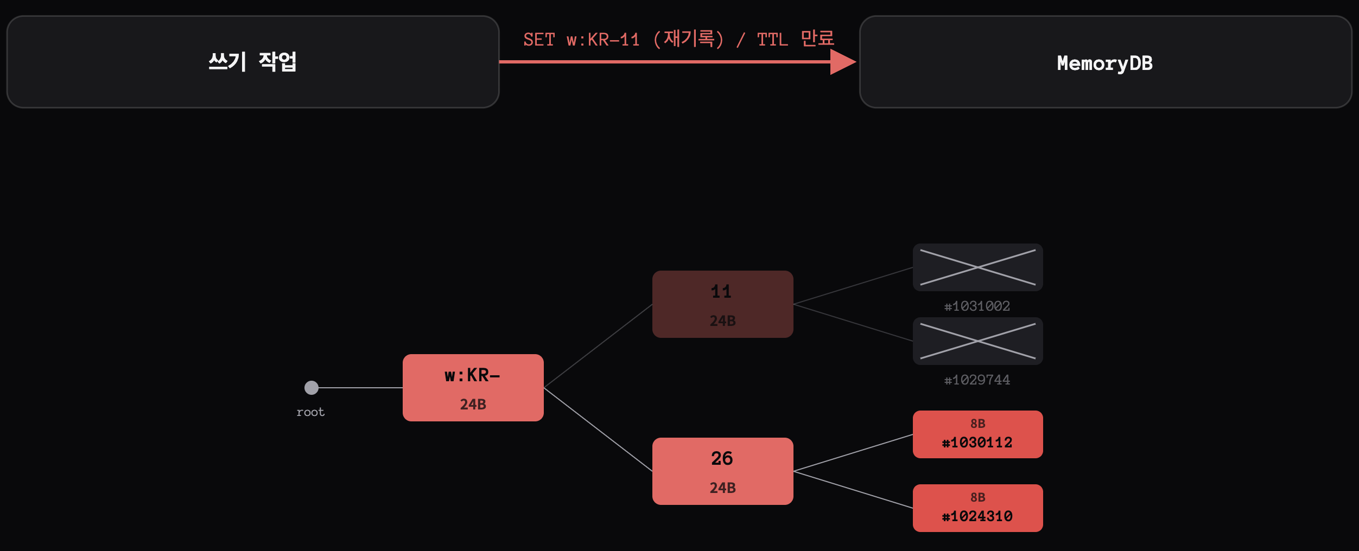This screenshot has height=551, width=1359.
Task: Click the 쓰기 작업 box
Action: click(253, 62)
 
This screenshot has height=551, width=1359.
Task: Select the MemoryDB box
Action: click(1106, 62)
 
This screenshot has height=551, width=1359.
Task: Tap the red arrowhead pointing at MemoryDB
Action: click(843, 62)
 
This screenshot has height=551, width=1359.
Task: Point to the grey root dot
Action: click(312, 388)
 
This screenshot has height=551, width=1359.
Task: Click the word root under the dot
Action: click(310, 412)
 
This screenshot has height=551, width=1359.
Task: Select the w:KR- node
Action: click(473, 388)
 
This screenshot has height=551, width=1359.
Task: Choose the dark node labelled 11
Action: click(723, 304)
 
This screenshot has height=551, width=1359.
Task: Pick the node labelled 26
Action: click(723, 471)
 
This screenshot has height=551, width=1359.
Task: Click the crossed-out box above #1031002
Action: click(978, 267)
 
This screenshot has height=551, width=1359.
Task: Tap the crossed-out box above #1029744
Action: click(978, 341)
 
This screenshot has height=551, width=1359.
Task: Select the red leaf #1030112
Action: click(978, 434)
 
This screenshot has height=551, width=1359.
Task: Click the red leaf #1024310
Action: click(978, 508)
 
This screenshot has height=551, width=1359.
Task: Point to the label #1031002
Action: click(977, 306)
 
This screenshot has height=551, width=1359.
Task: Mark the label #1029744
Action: click(977, 380)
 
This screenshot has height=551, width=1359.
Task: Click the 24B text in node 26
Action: click(723, 488)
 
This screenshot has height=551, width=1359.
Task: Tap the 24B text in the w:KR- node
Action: click(473, 405)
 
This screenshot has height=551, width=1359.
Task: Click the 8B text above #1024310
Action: click(978, 497)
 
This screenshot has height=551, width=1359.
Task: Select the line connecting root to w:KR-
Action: click(360, 388)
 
